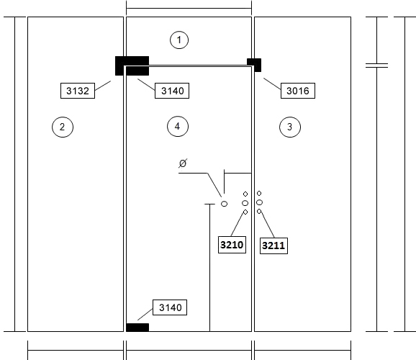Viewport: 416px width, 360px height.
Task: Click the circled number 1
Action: click(x=179, y=40)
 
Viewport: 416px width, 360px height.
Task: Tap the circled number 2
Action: click(x=63, y=127)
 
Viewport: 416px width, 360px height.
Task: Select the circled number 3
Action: click(x=290, y=127)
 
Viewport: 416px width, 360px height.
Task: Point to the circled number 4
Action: click(x=178, y=126)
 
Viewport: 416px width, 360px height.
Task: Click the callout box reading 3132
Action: click(x=78, y=91)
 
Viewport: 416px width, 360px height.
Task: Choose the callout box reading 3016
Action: click(x=298, y=91)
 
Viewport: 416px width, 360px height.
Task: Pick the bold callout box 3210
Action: click(x=232, y=245)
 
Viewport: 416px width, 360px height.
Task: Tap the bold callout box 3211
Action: click(x=273, y=246)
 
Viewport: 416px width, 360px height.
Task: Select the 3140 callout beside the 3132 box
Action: click(x=172, y=91)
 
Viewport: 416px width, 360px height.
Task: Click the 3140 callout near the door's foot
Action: click(x=170, y=307)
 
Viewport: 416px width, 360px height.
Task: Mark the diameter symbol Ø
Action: click(x=183, y=163)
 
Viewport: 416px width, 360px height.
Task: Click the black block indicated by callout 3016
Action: click(x=254, y=65)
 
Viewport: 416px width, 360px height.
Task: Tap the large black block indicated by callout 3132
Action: click(x=132, y=66)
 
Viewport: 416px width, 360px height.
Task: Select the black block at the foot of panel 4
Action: click(x=137, y=328)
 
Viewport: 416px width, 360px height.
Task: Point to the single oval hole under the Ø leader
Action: click(x=224, y=204)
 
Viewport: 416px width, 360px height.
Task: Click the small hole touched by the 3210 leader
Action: click(x=245, y=212)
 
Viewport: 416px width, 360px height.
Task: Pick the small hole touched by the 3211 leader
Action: click(x=259, y=212)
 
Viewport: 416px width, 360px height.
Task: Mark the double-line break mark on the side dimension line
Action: click(x=376, y=66)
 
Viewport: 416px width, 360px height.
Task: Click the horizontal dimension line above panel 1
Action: click(x=189, y=8)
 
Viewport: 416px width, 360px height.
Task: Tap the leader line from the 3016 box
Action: click(x=272, y=84)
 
